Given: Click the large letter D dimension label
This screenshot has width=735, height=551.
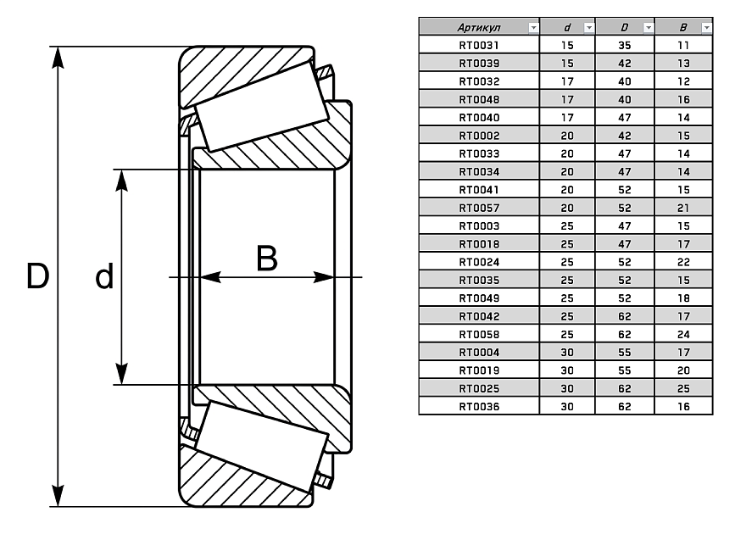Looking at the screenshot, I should tap(36, 276).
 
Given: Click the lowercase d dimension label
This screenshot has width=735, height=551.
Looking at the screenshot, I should tap(103, 277).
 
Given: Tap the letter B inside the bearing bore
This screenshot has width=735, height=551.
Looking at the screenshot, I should tap(266, 259).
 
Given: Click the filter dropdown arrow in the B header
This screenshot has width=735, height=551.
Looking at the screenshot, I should tap(706, 27).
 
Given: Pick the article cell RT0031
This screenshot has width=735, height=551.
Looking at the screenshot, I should tap(479, 45).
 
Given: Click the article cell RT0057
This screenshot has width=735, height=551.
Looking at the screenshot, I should tap(479, 208).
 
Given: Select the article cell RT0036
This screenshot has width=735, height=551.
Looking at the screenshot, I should tap(479, 407).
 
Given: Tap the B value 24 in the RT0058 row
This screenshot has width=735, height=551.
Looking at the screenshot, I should tap(683, 334).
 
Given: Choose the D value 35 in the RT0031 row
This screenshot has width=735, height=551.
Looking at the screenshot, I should tap(625, 45).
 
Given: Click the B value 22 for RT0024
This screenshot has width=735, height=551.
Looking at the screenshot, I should tap(683, 262).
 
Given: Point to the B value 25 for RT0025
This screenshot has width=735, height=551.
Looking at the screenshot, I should tap(683, 388).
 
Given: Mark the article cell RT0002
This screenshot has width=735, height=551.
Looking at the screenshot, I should tap(479, 136).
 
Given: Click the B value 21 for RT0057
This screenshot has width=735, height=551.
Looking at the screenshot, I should tap(683, 208).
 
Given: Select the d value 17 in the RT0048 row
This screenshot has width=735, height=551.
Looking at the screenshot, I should tap(567, 99).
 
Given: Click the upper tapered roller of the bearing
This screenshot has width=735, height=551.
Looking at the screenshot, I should tap(262, 105).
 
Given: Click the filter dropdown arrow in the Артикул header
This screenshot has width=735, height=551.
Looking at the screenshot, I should tap(532, 27).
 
